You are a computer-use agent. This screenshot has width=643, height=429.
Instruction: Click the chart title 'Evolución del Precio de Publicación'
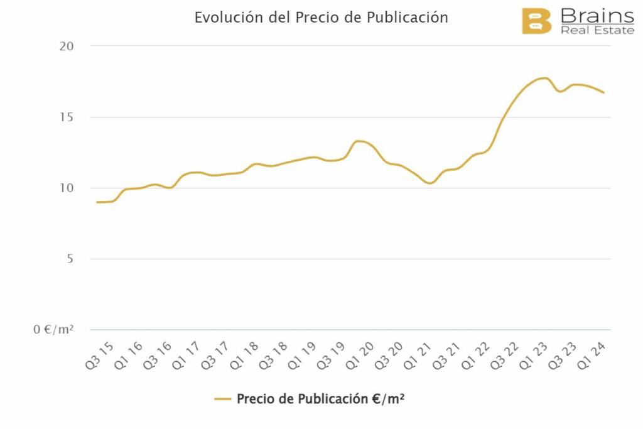coord(321,18)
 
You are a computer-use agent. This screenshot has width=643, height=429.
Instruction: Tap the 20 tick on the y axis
coord(66,46)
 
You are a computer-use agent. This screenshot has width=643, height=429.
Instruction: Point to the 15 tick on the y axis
coord(66,117)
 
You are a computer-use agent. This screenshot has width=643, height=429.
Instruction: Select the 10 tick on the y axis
coord(66,188)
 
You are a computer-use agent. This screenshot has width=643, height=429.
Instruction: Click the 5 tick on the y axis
coord(70,259)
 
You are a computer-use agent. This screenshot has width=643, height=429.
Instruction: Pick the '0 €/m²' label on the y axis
coord(53,330)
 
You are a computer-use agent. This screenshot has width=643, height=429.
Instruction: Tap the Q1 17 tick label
coord(186,355)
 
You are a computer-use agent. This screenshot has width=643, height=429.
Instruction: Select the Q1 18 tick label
coord(244,355)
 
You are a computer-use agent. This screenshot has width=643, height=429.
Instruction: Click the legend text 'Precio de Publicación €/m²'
coord(320,399)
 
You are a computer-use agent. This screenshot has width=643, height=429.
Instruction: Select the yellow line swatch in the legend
coord(223,399)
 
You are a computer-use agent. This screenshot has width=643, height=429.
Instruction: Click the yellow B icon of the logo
coord(536,21)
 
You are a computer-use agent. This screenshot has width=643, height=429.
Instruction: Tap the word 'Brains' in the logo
coord(597,15)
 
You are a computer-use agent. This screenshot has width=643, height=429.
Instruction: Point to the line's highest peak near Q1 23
coord(544,78)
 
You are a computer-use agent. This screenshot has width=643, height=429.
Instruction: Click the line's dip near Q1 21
coord(430,183)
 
